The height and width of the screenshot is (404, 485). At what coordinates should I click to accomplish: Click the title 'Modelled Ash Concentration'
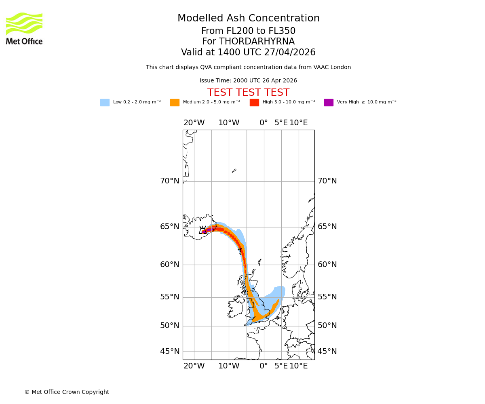[x=248, y=19]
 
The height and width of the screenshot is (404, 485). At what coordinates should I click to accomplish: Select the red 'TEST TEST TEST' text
[x=248, y=93]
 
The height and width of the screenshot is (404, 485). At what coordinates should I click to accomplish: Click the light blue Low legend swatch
[x=105, y=103]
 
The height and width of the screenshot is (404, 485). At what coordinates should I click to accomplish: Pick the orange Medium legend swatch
[x=175, y=103]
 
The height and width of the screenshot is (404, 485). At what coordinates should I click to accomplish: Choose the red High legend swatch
[x=254, y=103]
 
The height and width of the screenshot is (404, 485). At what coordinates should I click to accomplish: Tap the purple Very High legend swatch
[x=329, y=103]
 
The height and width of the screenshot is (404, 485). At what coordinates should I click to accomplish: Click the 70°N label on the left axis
[x=170, y=181]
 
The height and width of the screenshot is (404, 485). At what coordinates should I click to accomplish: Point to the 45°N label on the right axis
[x=327, y=351]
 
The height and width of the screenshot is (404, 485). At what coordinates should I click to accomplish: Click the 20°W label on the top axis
[x=194, y=123]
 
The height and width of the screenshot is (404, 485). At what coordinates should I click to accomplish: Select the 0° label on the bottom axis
[x=264, y=366]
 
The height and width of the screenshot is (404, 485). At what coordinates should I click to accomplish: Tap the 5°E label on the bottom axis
[x=281, y=366]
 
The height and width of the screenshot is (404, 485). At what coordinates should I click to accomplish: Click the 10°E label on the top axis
[x=299, y=123]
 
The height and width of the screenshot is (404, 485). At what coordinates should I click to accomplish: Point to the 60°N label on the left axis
[x=170, y=265]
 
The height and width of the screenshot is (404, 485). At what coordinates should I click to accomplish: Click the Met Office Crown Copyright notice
[x=67, y=392]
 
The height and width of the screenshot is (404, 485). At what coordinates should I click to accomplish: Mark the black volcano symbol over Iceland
[x=203, y=230]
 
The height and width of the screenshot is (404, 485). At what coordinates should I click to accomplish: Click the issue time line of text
[x=248, y=81]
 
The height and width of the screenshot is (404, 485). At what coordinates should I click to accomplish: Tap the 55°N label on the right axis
[x=327, y=297]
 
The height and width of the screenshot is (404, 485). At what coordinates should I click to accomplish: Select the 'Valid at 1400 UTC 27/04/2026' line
[x=248, y=53]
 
